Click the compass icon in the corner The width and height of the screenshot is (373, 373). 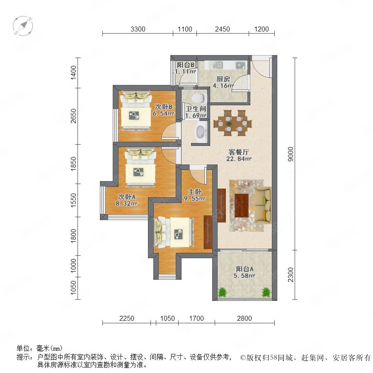(23, 25)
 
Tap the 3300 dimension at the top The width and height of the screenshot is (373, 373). (138, 29)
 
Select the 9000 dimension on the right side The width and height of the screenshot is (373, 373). (291, 154)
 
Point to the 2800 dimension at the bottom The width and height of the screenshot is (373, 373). (244, 318)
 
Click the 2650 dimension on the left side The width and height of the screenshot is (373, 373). (74, 116)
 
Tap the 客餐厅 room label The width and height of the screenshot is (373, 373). (239, 152)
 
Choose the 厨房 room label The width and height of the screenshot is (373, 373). (223, 79)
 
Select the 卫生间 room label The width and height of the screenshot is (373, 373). (196, 109)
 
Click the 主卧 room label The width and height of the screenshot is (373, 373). (195, 191)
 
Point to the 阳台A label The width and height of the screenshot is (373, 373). (245, 269)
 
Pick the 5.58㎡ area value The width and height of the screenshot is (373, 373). (244, 276)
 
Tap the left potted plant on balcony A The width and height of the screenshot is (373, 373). (223, 292)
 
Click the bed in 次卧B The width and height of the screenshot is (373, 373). (136, 110)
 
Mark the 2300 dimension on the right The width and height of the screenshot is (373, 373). (291, 274)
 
